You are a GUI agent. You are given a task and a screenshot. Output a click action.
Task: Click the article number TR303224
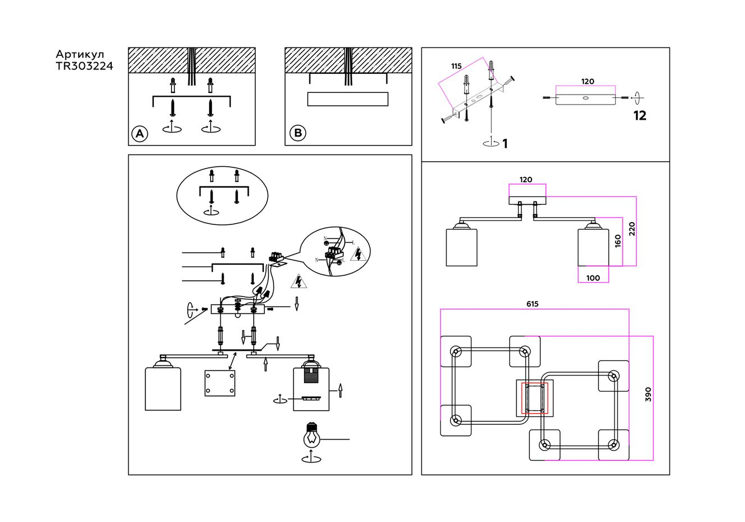pyautogui.click(x=84, y=66)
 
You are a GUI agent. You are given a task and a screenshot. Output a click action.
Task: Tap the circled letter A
pyautogui.click(x=140, y=134)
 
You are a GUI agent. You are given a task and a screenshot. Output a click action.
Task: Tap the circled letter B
pyautogui.click(x=298, y=133)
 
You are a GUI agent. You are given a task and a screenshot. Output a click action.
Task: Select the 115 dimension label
pyautogui.click(x=456, y=66)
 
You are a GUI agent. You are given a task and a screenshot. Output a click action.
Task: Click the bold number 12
pyautogui.click(x=640, y=116)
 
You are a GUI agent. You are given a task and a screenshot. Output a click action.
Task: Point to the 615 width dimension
pyautogui.click(x=532, y=304)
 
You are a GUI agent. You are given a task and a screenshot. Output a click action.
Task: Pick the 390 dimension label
pyautogui.click(x=648, y=394)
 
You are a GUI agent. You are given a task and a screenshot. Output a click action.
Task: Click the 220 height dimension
pyautogui.click(x=632, y=229)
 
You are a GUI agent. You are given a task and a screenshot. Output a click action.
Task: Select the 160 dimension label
pyautogui.click(x=618, y=241)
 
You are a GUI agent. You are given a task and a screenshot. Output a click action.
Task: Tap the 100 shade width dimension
pyautogui.click(x=593, y=278)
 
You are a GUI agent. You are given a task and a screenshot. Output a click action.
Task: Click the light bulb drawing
pyautogui.click(x=311, y=436)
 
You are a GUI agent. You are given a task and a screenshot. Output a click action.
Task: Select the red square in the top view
pyautogui.click(x=534, y=398)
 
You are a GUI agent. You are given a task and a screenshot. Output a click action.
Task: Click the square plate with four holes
pyautogui.click(x=220, y=383)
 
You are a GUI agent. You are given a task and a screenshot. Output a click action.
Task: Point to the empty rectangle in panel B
pyautogui.click(x=348, y=99)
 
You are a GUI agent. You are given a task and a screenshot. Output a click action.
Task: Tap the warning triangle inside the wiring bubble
pyautogui.click(x=358, y=255)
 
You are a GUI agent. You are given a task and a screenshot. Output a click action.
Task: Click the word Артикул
pyautogui.click(x=80, y=54)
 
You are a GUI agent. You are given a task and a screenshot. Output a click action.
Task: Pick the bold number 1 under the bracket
pyautogui.click(x=505, y=144)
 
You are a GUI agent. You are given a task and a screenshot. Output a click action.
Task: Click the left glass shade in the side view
pyautogui.click(x=462, y=247)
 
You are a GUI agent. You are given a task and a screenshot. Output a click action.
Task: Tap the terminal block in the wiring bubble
pyautogui.click(x=334, y=253)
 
